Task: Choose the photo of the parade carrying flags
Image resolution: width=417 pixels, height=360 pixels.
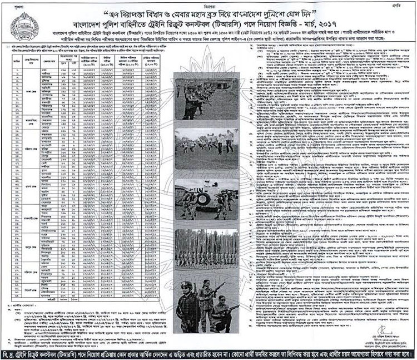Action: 201,245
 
